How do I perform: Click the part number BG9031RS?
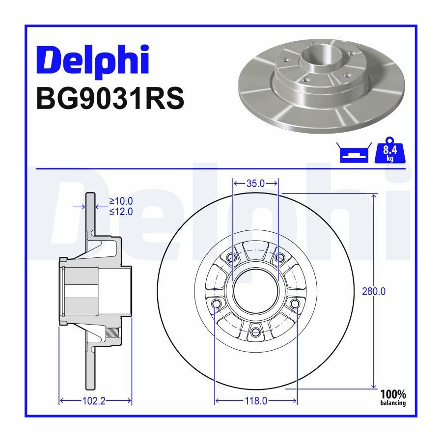click(110, 98)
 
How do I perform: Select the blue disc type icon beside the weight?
click(354, 153)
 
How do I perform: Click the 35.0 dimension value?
click(255, 184)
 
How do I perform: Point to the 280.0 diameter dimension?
click(374, 291)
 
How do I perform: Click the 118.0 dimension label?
click(256, 401)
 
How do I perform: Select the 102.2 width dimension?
click(94, 401)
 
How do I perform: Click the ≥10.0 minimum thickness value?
click(121, 201)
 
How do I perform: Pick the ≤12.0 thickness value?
click(121, 211)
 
